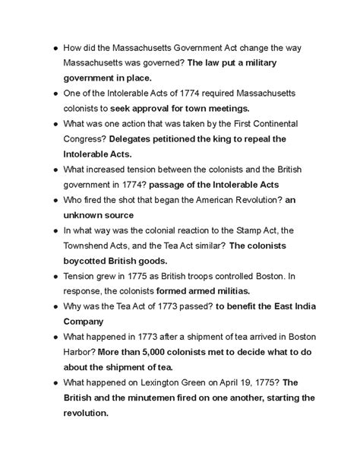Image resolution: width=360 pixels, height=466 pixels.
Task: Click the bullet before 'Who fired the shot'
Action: pyautogui.click(x=47, y=200)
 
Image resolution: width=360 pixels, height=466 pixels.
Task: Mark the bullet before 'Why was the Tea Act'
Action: pyautogui.click(x=47, y=307)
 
